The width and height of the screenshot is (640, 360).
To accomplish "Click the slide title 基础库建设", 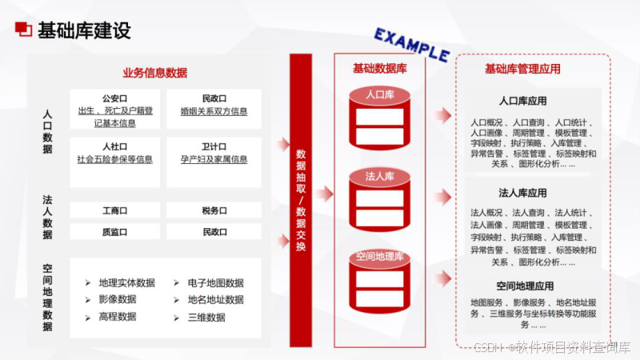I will tap(84, 31).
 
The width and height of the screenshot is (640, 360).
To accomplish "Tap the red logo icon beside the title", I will tap(24, 30).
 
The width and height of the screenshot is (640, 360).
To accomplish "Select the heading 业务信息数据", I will tap(154, 73).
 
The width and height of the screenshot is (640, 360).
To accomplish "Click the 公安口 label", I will tap(115, 98).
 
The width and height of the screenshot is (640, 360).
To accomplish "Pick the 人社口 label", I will tap(115, 147).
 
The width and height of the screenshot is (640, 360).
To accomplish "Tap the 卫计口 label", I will tap(214, 147).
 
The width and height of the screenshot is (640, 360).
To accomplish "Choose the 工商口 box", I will tap(115, 210).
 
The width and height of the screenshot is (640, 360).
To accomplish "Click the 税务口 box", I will tap(214, 210).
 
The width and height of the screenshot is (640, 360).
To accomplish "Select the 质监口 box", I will tap(115, 231).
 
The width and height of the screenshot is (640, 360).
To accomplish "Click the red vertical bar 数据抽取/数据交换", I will tap(301, 200).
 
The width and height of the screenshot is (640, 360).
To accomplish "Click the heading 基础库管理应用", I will tap(522, 70).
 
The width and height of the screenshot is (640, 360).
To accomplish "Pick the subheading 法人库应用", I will tap(522, 193).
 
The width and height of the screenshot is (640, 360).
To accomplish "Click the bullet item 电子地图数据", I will tap(215, 283).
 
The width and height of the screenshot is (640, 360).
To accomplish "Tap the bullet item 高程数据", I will tap(117, 317).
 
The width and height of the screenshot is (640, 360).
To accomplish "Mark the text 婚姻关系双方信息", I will tap(214, 111).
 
